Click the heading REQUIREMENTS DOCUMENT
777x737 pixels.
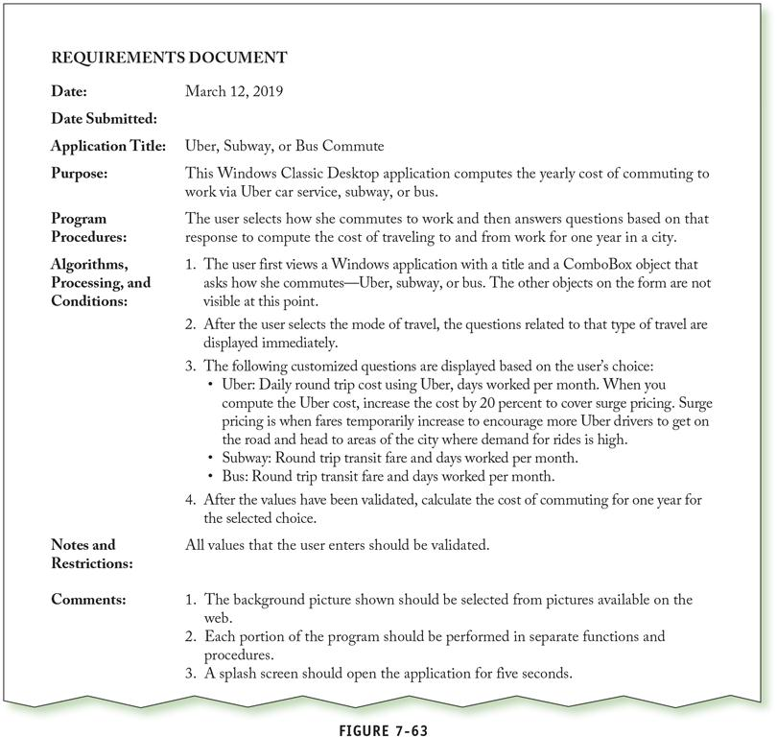(169, 58)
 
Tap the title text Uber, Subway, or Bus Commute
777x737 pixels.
(285, 146)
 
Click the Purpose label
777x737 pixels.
(82, 174)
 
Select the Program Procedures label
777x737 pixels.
(87, 226)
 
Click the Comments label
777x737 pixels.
(88, 600)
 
